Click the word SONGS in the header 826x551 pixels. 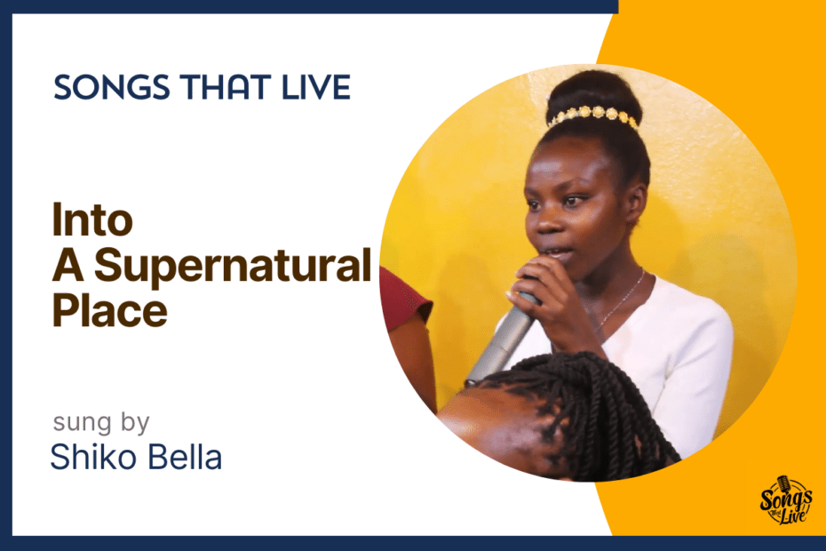(112, 87)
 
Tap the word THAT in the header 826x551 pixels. (226, 87)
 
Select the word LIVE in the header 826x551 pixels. (316, 87)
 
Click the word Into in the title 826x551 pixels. (92, 220)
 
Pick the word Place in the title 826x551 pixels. (109, 309)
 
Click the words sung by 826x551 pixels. (101, 422)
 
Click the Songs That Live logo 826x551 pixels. (785, 500)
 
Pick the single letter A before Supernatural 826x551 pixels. (68, 264)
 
